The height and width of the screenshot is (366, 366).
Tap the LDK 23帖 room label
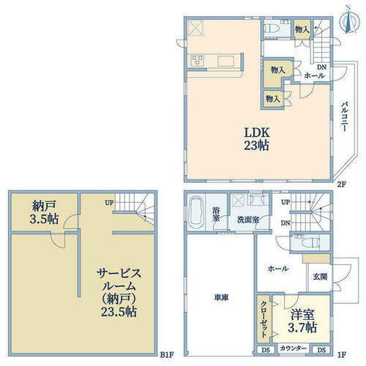(x=257, y=138)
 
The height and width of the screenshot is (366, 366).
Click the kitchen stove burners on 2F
(x=195, y=59)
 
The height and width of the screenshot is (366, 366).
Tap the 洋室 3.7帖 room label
(x=300, y=321)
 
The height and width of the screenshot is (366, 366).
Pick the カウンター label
(x=293, y=349)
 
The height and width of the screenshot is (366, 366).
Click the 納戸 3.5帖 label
(x=44, y=212)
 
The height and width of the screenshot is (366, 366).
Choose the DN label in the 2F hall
(x=321, y=67)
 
